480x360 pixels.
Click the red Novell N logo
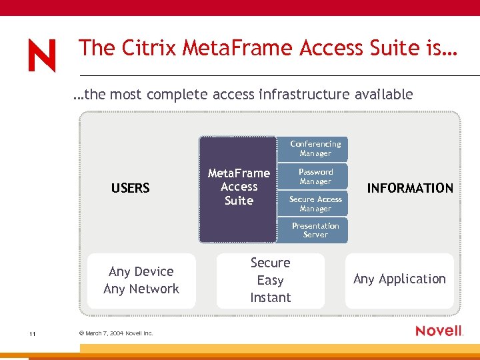[x=42, y=55]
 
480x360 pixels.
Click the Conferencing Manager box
[x=315, y=149]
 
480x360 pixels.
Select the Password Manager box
[x=315, y=177]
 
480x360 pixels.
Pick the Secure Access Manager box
[x=315, y=204]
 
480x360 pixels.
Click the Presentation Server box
[x=315, y=230]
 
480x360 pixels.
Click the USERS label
[x=131, y=188]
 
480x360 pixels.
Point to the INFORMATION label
[x=410, y=188]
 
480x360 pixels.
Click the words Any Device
[x=141, y=271]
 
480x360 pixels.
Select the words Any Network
[x=141, y=289]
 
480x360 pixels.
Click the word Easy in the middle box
[x=270, y=281]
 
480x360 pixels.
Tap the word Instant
[x=270, y=298]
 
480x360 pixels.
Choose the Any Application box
[x=399, y=279]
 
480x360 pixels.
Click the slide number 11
[x=32, y=333]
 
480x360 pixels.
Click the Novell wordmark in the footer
[x=438, y=331]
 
